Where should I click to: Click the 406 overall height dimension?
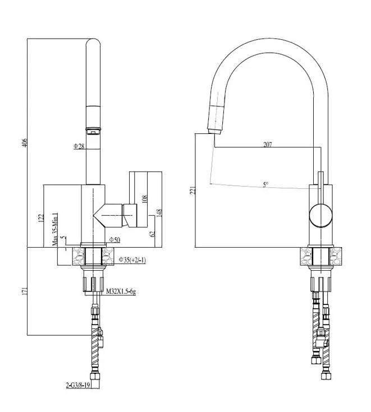pyautogui.click(x=25, y=143)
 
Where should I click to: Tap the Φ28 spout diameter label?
pyautogui.click(x=79, y=146)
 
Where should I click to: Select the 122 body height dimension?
pyautogui.click(x=41, y=218)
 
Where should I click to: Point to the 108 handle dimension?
pyautogui.click(x=144, y=199)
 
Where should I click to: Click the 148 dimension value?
pyautogui.click(x=159, y=212)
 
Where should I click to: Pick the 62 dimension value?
pyautogui.click(x=153, y=234)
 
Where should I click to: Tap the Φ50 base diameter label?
pyautogui.click(x=114, y=239)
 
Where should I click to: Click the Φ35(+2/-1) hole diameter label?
pyautogui.click(x=132, y=260)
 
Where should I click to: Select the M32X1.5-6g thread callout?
pyautogui.click(x=121, y=291)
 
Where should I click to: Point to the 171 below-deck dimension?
pyautogui.click(x=25, y=291)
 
